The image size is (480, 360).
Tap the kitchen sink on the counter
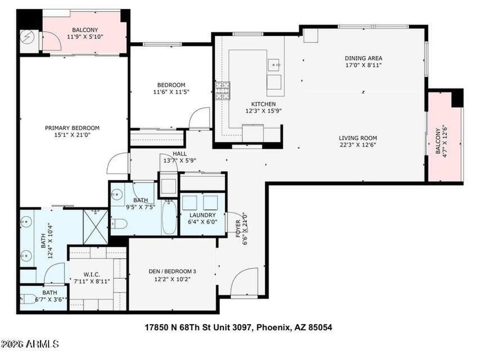click(275, 64)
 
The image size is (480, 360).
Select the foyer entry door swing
click(246, 282)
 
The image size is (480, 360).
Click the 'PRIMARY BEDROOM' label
click(72, 128)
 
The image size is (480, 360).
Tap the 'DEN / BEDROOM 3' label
click(172, 271)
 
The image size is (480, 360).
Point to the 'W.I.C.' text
click(92, 274)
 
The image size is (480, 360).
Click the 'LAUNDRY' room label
click(202, 215)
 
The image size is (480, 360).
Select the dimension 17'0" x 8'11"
click(363, 66)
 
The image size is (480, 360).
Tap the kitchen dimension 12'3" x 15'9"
click(255, 111)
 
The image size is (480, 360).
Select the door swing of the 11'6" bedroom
click(200, 118)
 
